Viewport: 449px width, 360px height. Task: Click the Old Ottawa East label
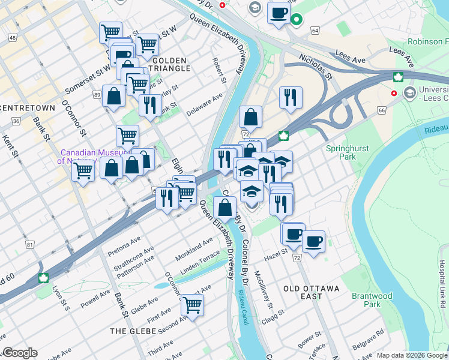(312, 289)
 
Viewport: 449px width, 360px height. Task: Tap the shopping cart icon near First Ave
(192, 306)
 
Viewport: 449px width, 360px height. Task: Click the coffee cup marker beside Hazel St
(313, 242)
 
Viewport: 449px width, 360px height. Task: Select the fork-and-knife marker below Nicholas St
(291, 97)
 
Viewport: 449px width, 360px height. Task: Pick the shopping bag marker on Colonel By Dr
(225, 208)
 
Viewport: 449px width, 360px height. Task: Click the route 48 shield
(12, 38)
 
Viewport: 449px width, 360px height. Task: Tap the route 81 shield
(30, 245)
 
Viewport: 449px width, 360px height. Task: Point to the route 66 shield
(381, 110)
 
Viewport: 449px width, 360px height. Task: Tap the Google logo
(20, 353)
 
